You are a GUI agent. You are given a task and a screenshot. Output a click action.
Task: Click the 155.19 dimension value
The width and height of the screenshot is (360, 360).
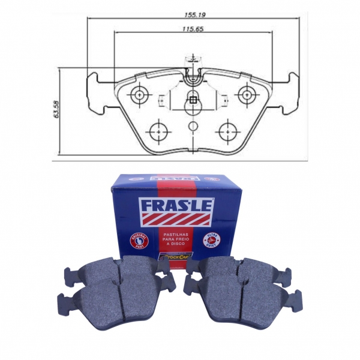click(x=193, y=10)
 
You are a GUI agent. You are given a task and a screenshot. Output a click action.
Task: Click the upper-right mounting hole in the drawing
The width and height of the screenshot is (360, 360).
click(x=245, y=94)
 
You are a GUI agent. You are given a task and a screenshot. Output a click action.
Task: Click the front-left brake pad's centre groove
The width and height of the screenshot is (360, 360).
click(x=121, y=299)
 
